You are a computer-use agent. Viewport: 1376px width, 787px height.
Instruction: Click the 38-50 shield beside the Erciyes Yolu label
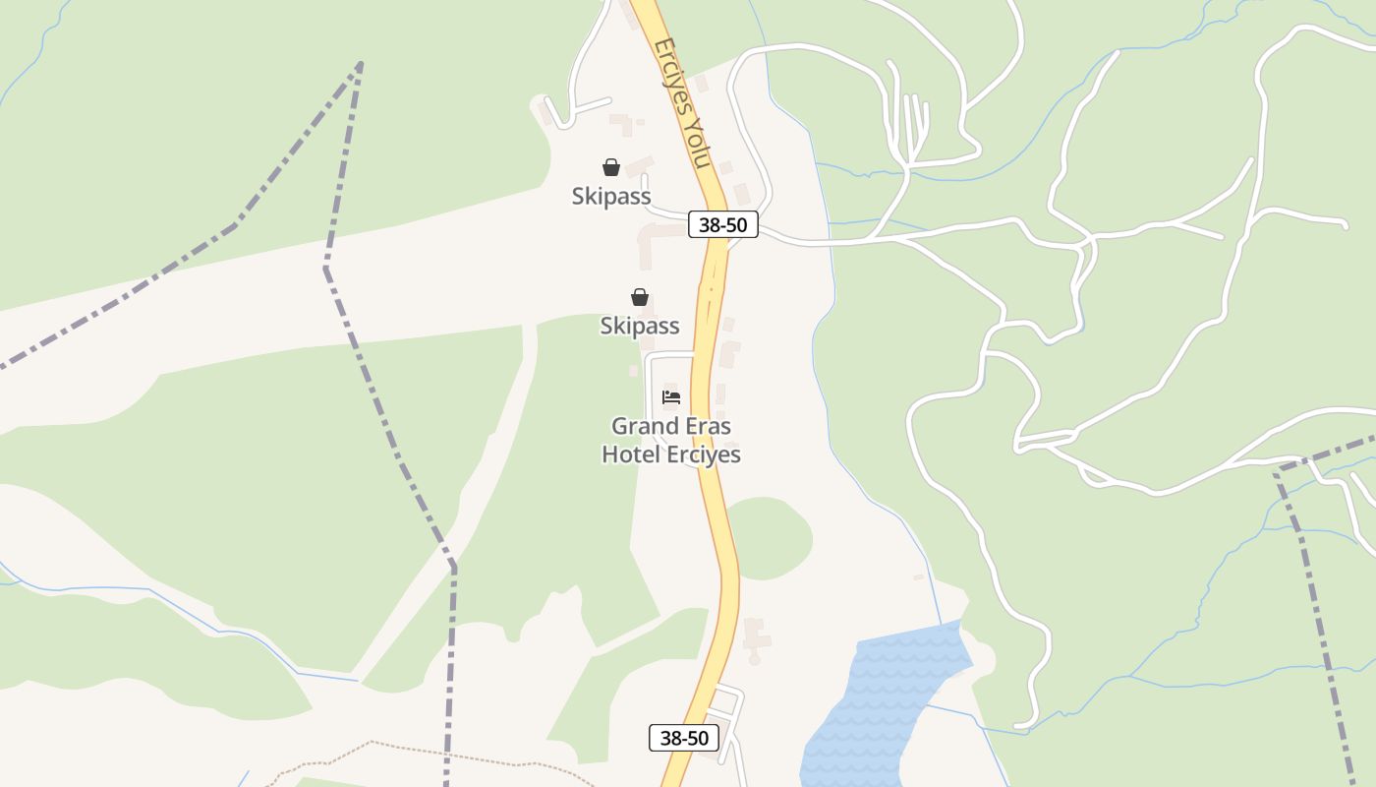tap(722, 224)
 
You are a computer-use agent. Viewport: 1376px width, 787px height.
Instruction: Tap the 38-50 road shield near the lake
tap(684, 738)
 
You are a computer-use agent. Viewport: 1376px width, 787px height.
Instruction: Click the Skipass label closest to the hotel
tap(640, 326)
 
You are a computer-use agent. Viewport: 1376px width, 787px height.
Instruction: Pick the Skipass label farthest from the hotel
tap(611, 197)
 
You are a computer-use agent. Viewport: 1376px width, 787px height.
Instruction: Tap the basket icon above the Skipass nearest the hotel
tap(640, 297)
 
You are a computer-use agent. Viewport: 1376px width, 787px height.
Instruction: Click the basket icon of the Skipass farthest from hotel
tap(611, 167)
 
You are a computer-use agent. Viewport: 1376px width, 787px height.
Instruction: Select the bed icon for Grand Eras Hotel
tap(671, 397)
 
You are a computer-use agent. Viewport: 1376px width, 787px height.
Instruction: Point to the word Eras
tap(708, 427)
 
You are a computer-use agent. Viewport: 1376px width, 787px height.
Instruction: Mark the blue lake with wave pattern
tap(875, 698)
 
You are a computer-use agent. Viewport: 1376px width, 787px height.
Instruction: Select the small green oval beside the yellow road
tap(773, 537)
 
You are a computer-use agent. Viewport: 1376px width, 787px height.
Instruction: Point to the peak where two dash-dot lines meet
tap(360, 64)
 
